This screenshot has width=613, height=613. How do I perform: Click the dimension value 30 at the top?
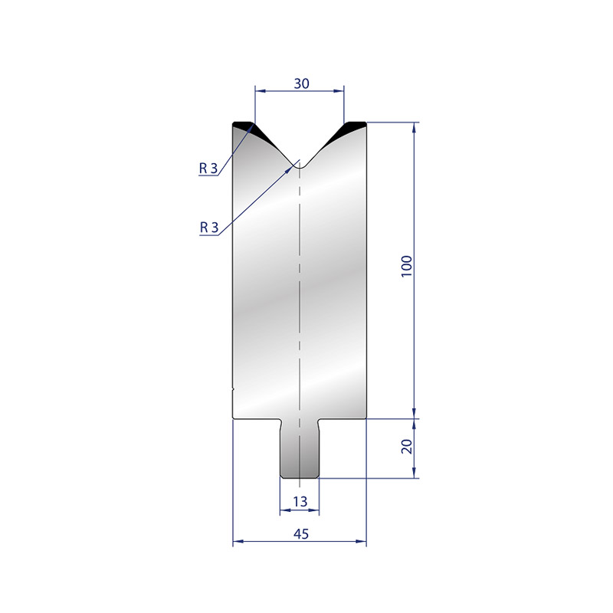coord(301,84)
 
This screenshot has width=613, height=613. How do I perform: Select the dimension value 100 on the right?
coord(407,266)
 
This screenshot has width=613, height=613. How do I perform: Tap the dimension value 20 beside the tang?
coord(407,447)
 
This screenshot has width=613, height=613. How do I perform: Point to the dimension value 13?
coord(300,501)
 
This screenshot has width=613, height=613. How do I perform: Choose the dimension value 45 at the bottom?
coord(301,533)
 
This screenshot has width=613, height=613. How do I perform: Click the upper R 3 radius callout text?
coord(208,168)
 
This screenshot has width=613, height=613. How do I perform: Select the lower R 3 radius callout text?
coord(208,227)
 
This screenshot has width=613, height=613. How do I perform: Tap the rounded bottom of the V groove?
coord(300,166)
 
